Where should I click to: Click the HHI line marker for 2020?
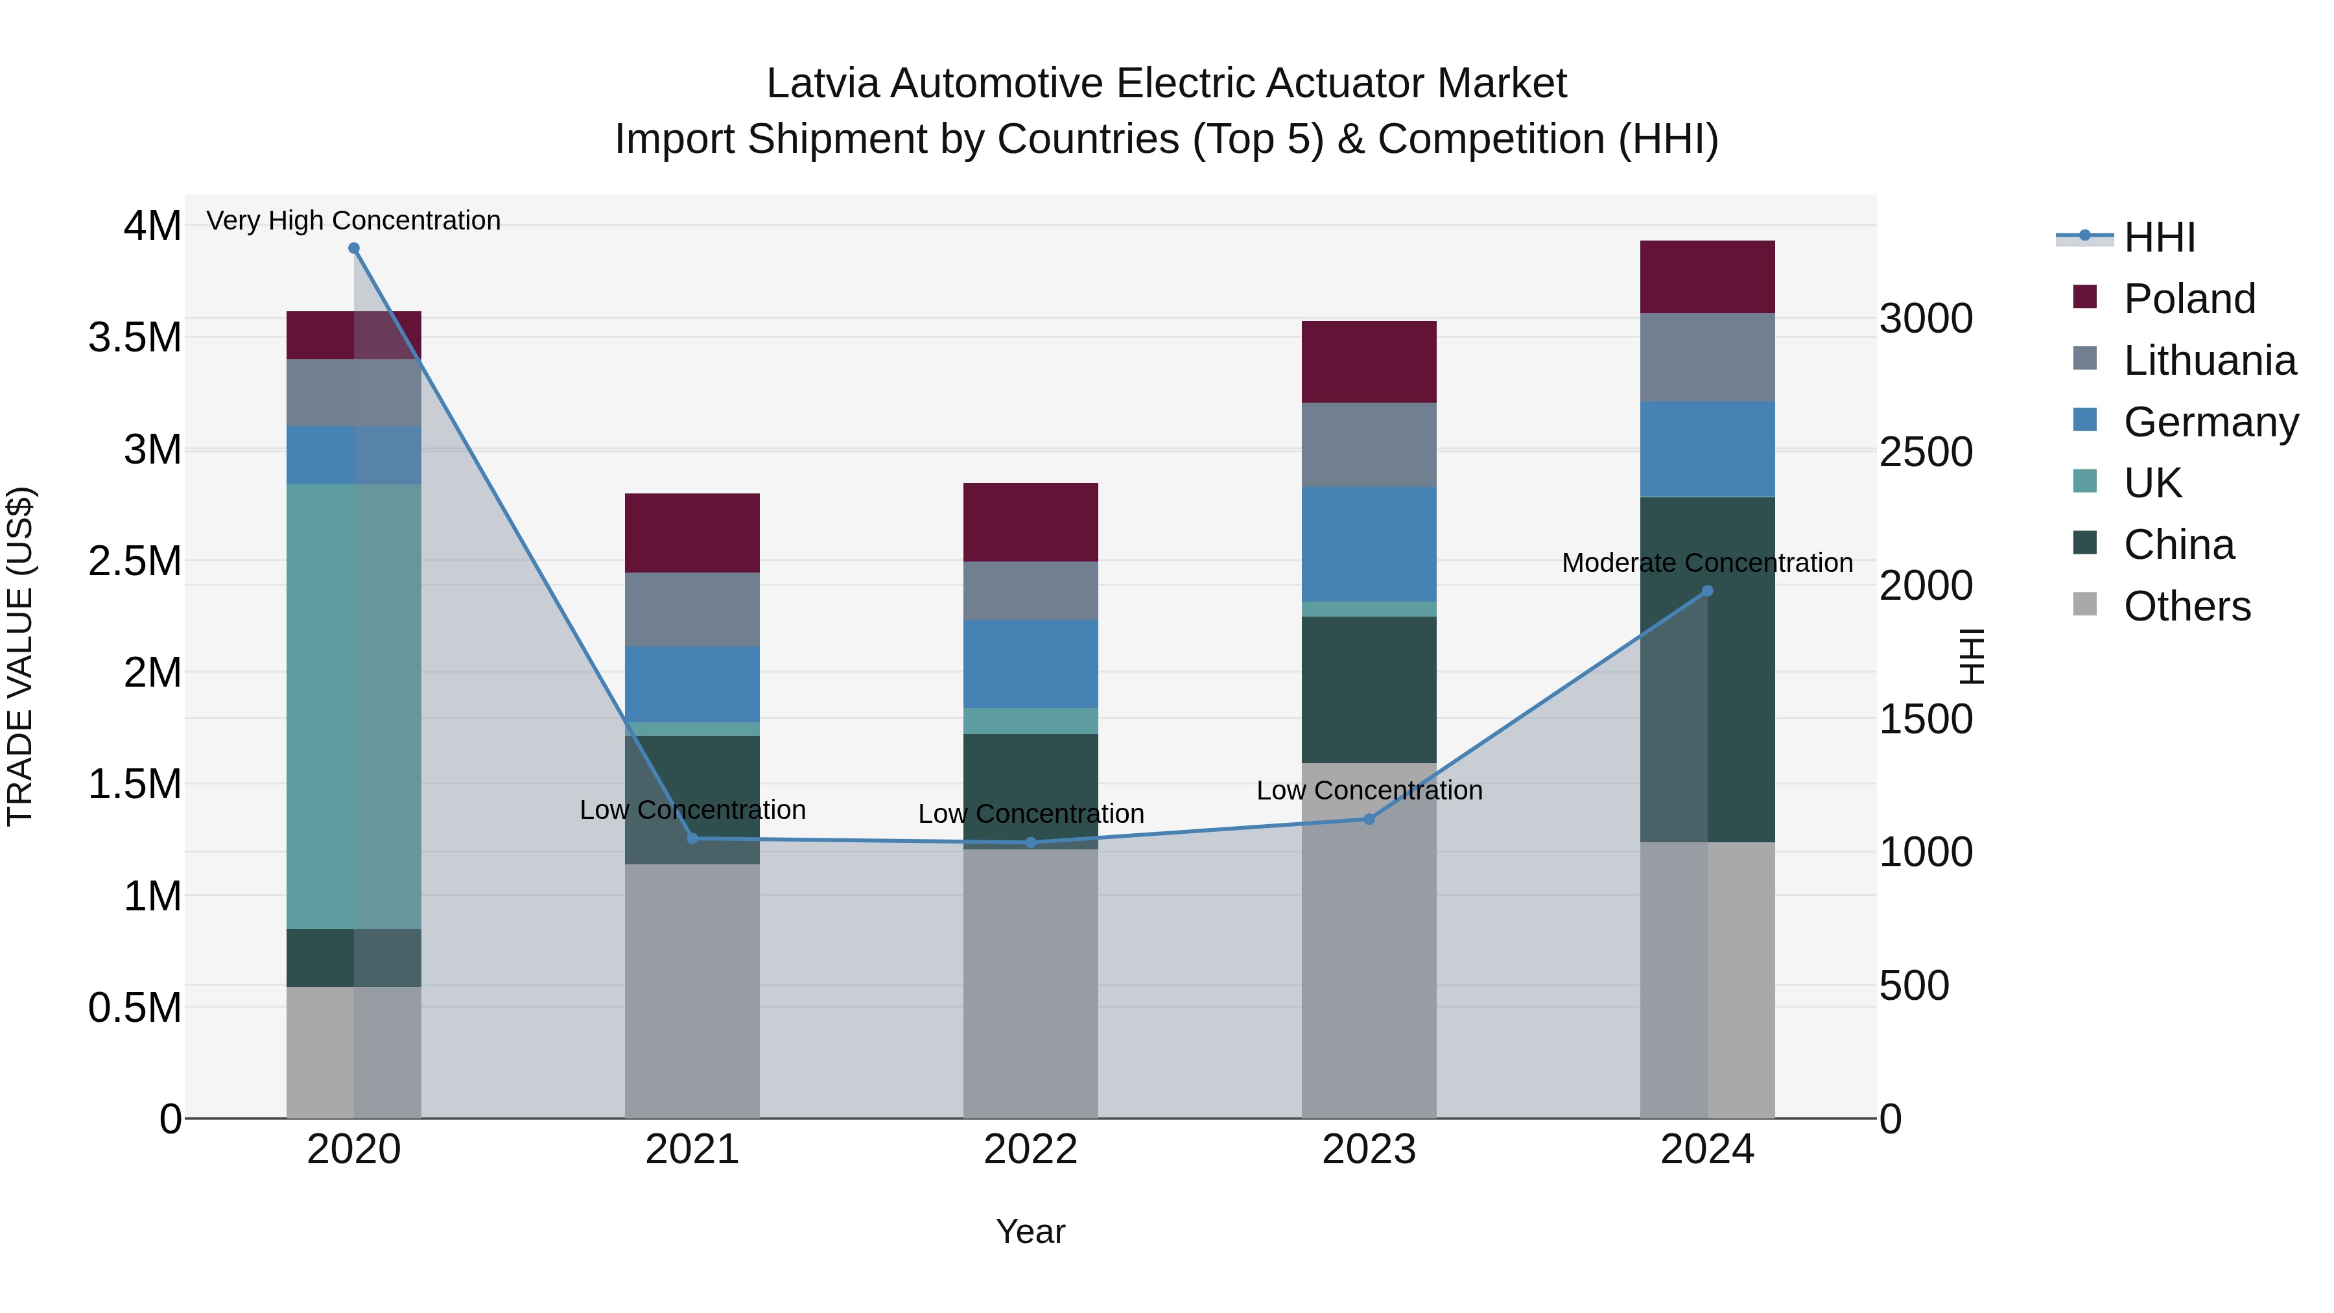[x=353, y=248]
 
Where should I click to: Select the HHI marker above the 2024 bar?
[x=1707, y=591]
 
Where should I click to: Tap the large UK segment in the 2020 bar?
[x=353, y=707]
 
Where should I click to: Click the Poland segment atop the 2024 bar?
[x=1707, y=278]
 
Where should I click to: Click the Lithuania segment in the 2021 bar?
[x=692, y=609]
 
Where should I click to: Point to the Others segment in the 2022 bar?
[x=1030, y=983]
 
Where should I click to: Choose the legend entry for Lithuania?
[x=2209, y=361]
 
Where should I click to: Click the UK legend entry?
[x=2152, y=484]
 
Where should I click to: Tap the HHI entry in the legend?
[x=2158, y=237]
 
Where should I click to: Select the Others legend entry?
[x=2186, y=606]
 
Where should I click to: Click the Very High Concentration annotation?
[x=353, y=220]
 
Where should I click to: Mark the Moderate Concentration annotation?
[x=1707, y=563]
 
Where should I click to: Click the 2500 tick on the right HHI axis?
[x=1926, y=452]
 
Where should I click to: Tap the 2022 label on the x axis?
[x=1030, y=1150]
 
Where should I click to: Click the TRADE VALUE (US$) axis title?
[x=20, y=656]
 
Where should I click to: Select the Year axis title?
[x=1030, y=1231]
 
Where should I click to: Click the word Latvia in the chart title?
[x=823, y=84]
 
